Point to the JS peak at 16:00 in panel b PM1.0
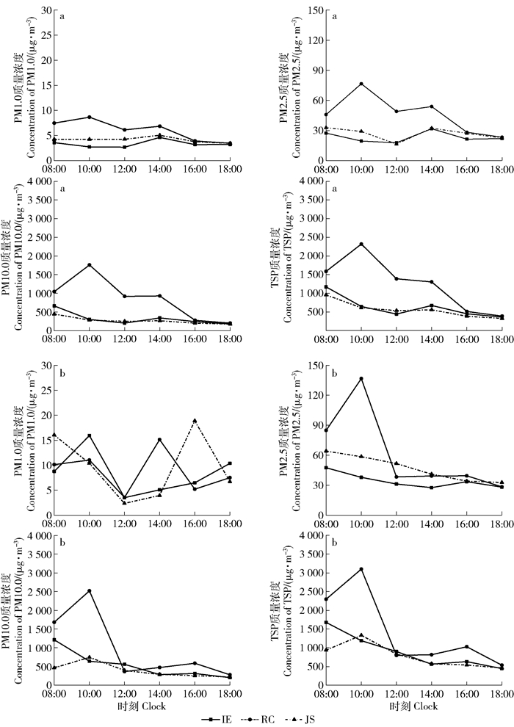[x=195, y=420]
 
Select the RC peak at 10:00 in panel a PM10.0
[x=89, y=264]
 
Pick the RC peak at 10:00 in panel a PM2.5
[x=361, y=84]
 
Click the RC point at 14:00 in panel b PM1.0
[x=159, y=440]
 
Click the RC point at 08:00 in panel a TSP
[x=326, y=271]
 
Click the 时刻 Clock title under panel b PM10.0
[x=142, y=706]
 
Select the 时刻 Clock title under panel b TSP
[x=415, y=706]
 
